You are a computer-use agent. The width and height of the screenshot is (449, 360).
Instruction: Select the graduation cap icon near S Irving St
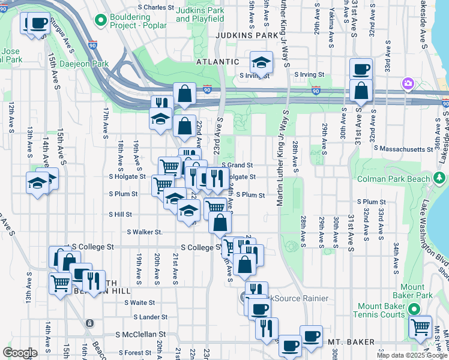[x=262, y=62]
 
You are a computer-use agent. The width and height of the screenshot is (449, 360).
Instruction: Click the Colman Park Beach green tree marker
[x=439, y=179]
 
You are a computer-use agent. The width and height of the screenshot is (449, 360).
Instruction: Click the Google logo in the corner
[x=19, y=353]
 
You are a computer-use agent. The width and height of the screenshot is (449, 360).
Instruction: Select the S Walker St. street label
[x=145, y=232]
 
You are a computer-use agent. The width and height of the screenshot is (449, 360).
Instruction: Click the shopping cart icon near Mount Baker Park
[x=420, y=327]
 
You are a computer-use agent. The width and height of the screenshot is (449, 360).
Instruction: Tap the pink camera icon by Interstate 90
[x=408, y=83]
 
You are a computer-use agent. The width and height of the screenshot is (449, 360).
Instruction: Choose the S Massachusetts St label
[x=403, y=148]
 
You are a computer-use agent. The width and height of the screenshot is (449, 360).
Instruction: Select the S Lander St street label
[x=150, y=317]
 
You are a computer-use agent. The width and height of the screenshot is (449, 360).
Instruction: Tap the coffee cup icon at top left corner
[x=39, y=23]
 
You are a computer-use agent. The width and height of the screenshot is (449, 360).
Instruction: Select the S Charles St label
[x=155, y=8]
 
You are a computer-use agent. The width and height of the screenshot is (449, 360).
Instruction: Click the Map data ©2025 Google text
[x=412, y=355]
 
